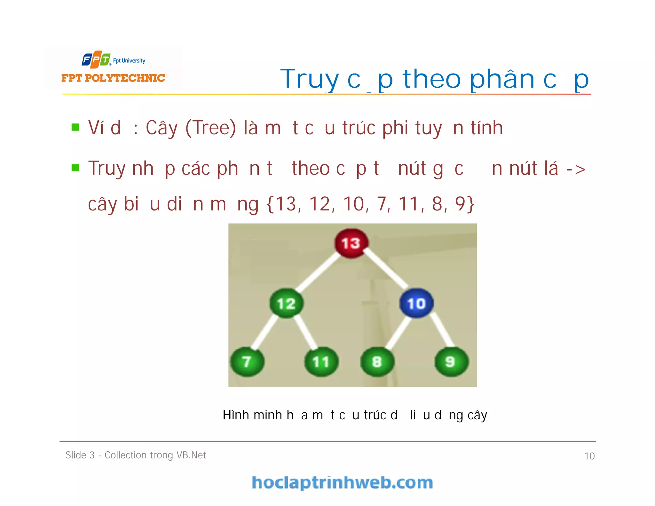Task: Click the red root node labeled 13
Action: click(x=351, y=243)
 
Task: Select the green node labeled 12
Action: click(x=286, y=303)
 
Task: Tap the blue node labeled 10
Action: click(x=416, y=303)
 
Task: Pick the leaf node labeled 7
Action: click(x=247, y=362)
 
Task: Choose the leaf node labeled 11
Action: click(x=321, y=362)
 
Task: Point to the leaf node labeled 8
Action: click(x=377, y=362)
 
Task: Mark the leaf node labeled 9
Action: click(x=451, y=362)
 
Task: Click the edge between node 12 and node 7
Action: click(x=265, y=333)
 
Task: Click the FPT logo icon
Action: click(x=96, y=59)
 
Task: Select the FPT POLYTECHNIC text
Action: click(x=113, y=78)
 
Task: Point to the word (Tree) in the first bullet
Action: click(x=210, y=128)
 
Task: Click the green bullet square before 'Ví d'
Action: click(x=75, y=127)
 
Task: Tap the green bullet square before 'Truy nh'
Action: click(x=75, y=168)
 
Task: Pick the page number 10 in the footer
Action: click(x=589, y=456)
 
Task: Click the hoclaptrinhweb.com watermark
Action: click(x=342, y=483)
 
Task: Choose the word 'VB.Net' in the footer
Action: click(x=191, y=455)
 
